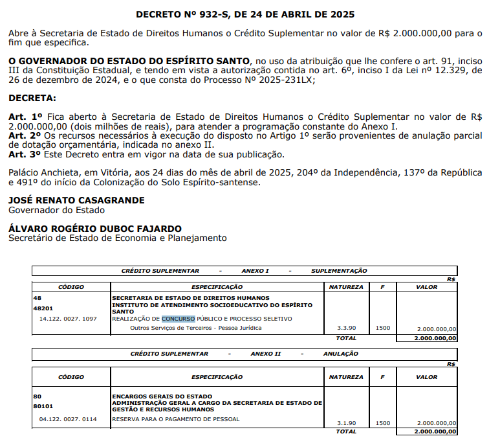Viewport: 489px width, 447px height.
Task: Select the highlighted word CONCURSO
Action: [x=178, y=319]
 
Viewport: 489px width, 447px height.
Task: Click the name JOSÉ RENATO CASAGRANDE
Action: [x=76, y=200]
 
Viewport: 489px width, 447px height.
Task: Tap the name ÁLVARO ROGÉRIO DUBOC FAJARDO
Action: [x=95, y=229]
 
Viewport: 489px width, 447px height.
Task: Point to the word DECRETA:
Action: [x=32, y=98]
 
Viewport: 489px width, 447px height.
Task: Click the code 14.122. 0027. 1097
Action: [x=67, y=319]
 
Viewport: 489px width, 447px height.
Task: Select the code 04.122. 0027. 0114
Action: [x=67, y=419]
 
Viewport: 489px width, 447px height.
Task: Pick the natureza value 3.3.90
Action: [x=346, y=328]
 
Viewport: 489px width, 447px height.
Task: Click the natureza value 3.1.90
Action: [x=346, y=423]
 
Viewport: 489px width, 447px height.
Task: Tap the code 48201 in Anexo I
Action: [x=43, y=308]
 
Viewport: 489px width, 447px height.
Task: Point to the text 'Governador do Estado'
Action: [x=56, y=210]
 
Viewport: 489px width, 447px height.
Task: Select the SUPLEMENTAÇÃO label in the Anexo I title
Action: [x=339, y=270]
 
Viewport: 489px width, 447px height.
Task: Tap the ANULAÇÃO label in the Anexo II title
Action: [x=340, y=354]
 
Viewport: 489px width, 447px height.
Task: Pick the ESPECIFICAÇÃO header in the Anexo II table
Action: [x=217, y=376]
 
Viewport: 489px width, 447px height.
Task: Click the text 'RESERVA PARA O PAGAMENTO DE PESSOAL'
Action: [x=176, y=419]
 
